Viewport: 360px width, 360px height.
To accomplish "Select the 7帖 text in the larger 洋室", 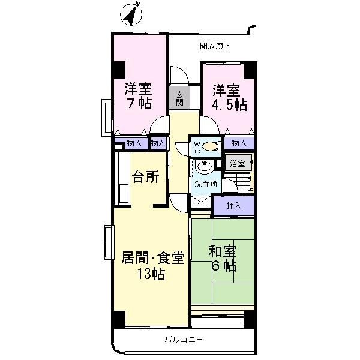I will (137, 103).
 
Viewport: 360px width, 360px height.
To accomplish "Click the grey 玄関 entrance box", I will (179, 98).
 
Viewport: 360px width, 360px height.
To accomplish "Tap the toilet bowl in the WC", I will (211, 145).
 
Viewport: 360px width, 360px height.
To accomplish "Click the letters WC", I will (196, 147).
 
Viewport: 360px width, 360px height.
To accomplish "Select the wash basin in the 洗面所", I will (203, 166).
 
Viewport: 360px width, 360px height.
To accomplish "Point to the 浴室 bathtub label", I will (238, 163).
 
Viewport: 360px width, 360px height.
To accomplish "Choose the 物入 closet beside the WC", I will (239, 143).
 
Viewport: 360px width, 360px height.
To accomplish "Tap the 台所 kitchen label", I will (146, 178).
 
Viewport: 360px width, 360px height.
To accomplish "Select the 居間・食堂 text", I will (152, 259).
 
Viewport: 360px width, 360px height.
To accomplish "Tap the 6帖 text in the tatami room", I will (222, 266).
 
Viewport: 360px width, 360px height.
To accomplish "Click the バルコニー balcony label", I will (184, 340).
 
